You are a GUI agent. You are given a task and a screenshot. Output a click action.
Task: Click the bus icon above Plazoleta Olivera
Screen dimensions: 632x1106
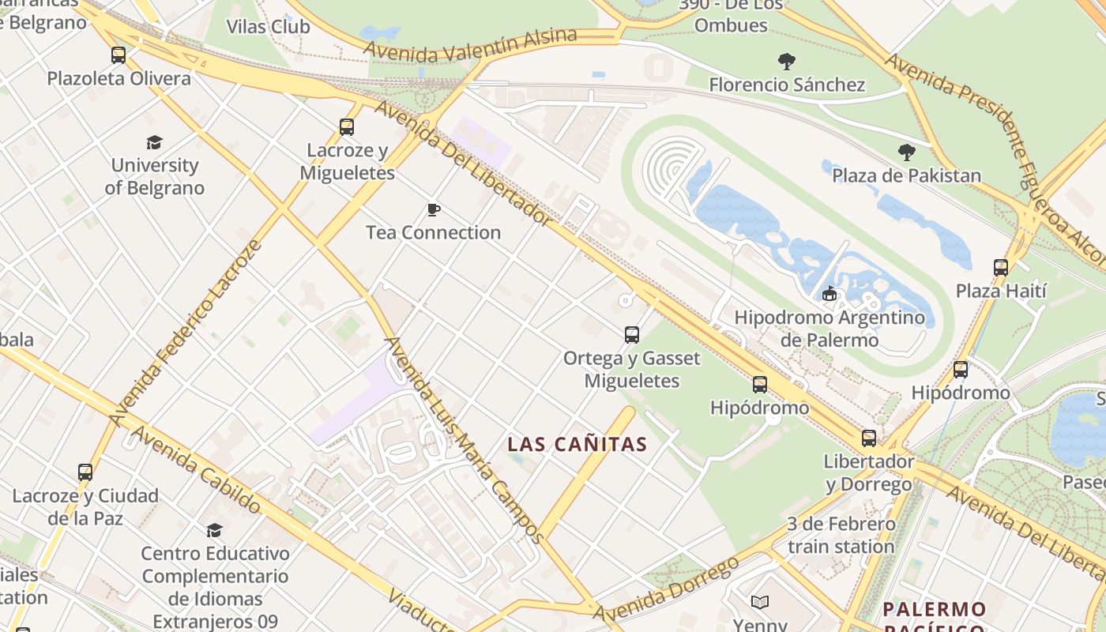118,55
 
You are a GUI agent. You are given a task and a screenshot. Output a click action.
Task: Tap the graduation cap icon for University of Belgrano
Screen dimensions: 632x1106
155,142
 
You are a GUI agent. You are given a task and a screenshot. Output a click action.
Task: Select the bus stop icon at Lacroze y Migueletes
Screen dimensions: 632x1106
346,126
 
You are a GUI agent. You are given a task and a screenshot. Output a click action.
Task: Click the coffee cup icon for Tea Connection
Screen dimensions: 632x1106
433,209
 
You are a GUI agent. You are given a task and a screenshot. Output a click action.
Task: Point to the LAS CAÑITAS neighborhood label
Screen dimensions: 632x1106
577,445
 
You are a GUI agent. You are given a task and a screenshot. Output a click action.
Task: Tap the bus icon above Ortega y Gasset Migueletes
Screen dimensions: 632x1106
631,334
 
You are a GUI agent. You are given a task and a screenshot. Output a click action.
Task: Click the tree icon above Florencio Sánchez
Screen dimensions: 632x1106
786,61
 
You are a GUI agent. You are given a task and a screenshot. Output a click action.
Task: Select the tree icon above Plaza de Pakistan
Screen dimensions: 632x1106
906,152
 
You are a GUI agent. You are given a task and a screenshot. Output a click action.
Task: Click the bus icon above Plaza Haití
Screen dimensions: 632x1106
1001,267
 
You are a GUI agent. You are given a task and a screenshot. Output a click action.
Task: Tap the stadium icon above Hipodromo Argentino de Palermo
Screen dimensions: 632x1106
829,294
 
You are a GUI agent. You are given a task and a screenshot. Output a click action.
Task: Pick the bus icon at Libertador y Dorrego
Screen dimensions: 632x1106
869,438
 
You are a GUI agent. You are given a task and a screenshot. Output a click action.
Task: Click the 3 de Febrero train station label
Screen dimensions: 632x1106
841,535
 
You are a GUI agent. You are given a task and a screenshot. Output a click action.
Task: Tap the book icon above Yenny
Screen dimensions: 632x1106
760,603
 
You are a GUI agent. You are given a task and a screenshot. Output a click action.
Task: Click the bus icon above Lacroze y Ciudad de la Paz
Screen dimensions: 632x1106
85,472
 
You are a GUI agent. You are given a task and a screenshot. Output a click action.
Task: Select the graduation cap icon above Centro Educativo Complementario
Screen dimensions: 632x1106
214,529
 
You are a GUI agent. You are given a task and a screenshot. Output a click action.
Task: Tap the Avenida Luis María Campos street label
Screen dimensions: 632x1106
464,440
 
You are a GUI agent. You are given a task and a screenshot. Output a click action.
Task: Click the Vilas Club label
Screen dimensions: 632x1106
268,26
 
